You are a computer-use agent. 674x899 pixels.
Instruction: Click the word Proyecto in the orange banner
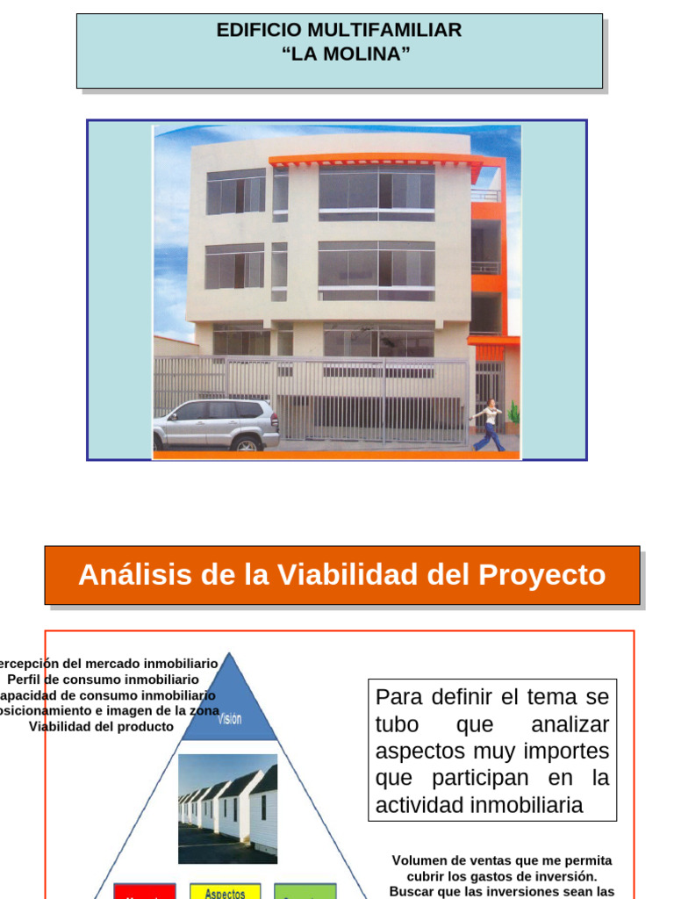click(x=541, y=575)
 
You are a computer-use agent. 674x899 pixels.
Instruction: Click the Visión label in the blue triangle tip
click(x=229, y=718)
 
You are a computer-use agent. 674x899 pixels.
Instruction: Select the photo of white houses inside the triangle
click(x=227, y=808)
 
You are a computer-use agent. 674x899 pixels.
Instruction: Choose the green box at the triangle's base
click(x=305, y=891)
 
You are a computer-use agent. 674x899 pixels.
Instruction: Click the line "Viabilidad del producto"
click(x=101, y=727)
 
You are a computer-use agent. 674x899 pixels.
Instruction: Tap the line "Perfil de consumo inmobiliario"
click(x=103, y=680)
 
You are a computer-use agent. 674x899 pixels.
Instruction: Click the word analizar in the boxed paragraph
click(x=570, y=725)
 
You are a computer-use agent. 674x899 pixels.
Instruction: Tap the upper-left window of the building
click(x=235, y=191)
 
